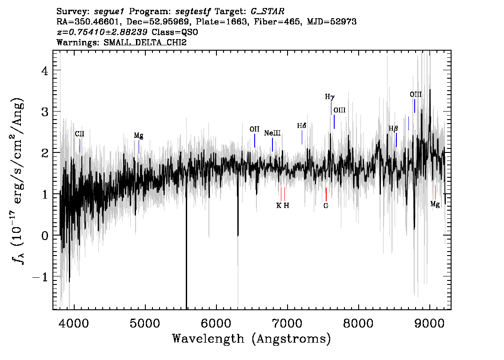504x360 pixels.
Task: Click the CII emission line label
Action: (80, 134)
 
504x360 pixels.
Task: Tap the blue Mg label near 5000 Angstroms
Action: (139, 136)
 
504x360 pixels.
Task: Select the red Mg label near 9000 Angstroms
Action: (435, 204)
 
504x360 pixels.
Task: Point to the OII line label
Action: (254, 129)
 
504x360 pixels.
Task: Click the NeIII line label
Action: (272, 133)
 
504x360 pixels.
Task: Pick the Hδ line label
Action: (301, 126)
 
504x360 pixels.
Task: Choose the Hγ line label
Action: (330, 97)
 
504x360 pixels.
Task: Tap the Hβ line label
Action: (393, 128)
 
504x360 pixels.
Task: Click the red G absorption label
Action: (326, 206)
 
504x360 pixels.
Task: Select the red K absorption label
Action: (279, 206)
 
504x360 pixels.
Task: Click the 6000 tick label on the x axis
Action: (216, 323)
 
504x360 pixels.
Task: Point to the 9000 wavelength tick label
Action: (429, 323)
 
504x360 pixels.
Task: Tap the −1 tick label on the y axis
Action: (40, 277)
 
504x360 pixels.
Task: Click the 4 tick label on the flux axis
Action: (45, 70)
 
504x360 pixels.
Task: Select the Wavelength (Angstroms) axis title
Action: (252, 339)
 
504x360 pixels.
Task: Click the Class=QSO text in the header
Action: (175, 32)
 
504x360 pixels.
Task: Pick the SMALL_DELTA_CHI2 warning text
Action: (145, 42)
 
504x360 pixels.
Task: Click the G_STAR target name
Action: (268, 12)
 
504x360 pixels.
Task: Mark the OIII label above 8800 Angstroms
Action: (416, 95)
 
